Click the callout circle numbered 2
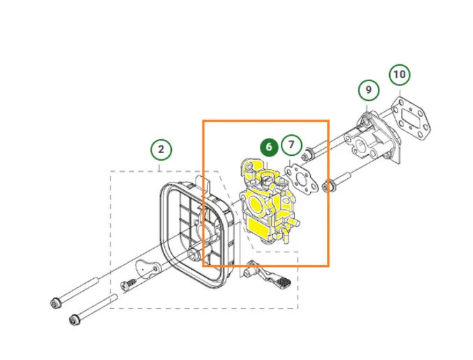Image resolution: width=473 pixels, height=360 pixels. [x=161, y=150]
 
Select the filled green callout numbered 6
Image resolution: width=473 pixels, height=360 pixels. [x=269, y=147]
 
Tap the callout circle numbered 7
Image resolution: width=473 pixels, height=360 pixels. [x=291, y=145]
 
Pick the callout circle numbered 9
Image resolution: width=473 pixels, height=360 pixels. [x=369, y=90]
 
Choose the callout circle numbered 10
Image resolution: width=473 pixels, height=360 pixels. [x=400, y=75]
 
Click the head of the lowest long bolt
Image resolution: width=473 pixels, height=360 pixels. [x=75, y=319]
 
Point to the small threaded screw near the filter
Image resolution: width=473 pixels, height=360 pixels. [x=128, y=285]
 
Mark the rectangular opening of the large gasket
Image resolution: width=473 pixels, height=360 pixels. [x=410, y=118]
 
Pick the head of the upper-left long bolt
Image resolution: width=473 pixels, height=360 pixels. [x=56, y=303]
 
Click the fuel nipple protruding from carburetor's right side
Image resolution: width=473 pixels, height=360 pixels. [x=294, y=222]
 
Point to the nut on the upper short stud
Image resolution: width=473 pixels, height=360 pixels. [x=305, y=154]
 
